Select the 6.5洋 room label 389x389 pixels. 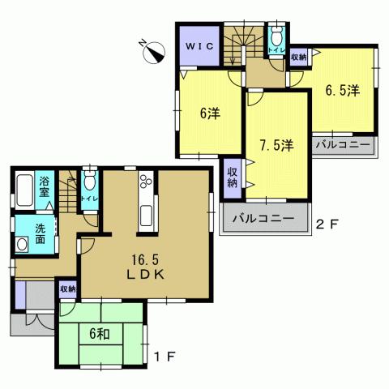[343, 91]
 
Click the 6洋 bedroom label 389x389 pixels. [209, 113]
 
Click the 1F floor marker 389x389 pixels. [167, 355]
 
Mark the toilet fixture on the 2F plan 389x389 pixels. [277, 36]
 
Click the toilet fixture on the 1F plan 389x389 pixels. [89, 183]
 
